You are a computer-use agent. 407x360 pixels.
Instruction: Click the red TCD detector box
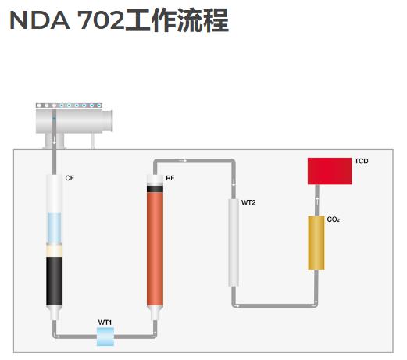[x=330, y=171]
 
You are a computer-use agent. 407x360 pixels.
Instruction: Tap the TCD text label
[x=361, y=161]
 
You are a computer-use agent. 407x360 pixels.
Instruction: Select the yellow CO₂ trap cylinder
[x=316, y=243]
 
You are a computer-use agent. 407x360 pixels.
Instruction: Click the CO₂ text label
[x=333, y=219]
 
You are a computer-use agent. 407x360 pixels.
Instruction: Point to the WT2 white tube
[x=234, y=243]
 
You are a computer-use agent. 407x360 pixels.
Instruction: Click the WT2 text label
[x=248, y=202]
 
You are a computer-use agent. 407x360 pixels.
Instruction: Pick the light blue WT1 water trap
[x=105, y=337]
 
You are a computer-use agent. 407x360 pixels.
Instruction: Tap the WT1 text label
[x=105, y=323]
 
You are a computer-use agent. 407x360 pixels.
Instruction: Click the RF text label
[x=170, y=178]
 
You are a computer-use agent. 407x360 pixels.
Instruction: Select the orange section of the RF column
[x=155, y=249]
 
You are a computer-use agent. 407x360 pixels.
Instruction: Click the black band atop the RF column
[x=155, y=189]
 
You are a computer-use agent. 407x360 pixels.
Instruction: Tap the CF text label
[x=70, y=178]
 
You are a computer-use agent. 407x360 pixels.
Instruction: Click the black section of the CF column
[x=55, y=281]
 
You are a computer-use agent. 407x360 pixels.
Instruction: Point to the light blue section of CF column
[x=55, y=228]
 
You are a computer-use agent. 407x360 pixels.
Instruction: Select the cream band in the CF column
[x=55, y=251]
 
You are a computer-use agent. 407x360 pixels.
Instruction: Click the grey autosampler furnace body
[x=74, y=122]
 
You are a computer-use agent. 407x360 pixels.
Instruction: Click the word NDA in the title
[x=40, y=20]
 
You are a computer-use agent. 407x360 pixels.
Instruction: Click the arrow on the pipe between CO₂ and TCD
[x=317, y=201]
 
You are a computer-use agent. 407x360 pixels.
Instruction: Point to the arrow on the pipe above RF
[x=183, y=161]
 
